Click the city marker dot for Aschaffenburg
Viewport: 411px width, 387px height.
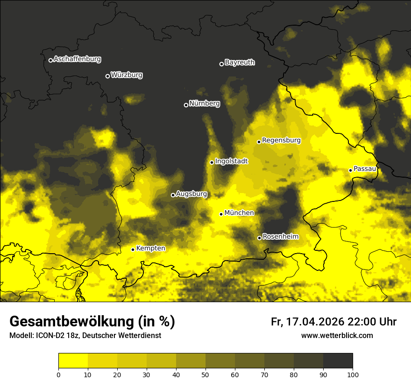point(50,60)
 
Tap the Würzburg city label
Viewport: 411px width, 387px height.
point(127,75)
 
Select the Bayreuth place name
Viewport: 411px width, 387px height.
point(240,62)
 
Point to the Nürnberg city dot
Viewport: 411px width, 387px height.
point(186,105)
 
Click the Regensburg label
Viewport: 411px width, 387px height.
point(281,140)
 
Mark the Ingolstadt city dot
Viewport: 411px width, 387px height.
point(212,162)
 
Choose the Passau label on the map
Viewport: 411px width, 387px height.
point(365,168)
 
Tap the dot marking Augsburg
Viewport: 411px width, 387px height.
point(173,195)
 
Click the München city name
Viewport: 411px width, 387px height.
point(239,213)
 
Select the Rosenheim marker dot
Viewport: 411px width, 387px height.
point(259,238)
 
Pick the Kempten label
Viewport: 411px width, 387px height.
point(150,248)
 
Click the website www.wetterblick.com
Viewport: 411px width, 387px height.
point(337,335)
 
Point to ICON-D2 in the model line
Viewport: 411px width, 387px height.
point(50,335)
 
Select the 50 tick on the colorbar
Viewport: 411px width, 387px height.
point(205,374)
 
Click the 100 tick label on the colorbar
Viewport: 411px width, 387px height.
point(353,374)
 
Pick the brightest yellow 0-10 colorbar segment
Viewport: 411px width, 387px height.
point(73,360)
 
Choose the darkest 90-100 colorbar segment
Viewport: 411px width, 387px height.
point(338,360)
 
